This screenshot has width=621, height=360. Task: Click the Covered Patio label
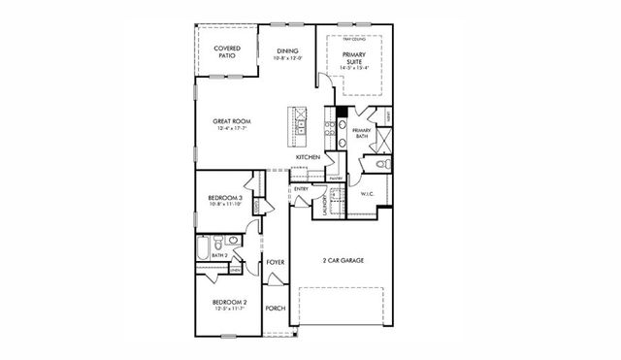[x=227, y=51]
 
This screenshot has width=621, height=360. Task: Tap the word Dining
[x=287, y=50]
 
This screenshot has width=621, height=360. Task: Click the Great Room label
[x=232, y=121]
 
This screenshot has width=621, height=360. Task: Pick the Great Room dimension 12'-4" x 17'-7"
[x=232, y=129]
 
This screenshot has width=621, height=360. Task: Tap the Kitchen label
[x=309, y=156]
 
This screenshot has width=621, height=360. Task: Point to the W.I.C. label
[x=368, y=193]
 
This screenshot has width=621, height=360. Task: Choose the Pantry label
[x=336, y=179]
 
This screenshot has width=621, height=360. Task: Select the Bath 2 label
[x=219, y=255]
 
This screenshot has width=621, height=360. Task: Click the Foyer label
[x=275, y=262]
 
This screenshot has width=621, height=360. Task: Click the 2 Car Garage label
[x=343, y=260]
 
